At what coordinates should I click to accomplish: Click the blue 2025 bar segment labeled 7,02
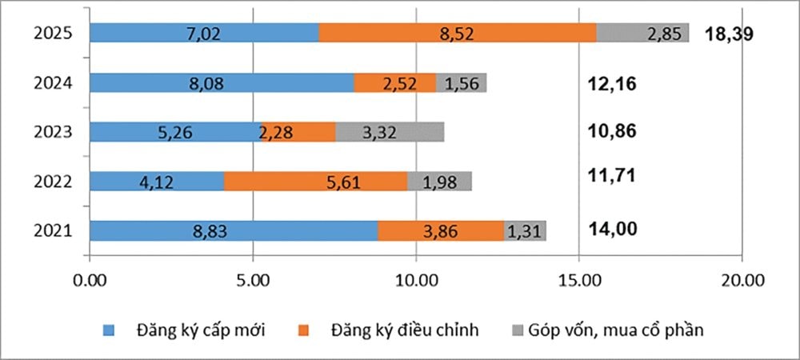click(204, 33)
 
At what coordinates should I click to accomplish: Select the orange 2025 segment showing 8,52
click(458, 33)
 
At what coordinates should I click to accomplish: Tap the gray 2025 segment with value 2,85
click(642, 33)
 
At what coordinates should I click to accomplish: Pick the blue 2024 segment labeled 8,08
click(222, 82)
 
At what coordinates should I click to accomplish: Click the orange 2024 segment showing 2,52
click(395, 82)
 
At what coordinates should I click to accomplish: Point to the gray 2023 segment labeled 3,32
click(390, 132)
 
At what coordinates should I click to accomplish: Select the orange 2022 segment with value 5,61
click(315, 182)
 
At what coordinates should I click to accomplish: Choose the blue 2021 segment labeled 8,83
click(234, 231)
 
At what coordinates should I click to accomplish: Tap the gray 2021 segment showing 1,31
click(526, 231)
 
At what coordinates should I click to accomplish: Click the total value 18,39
click(730, 34)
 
